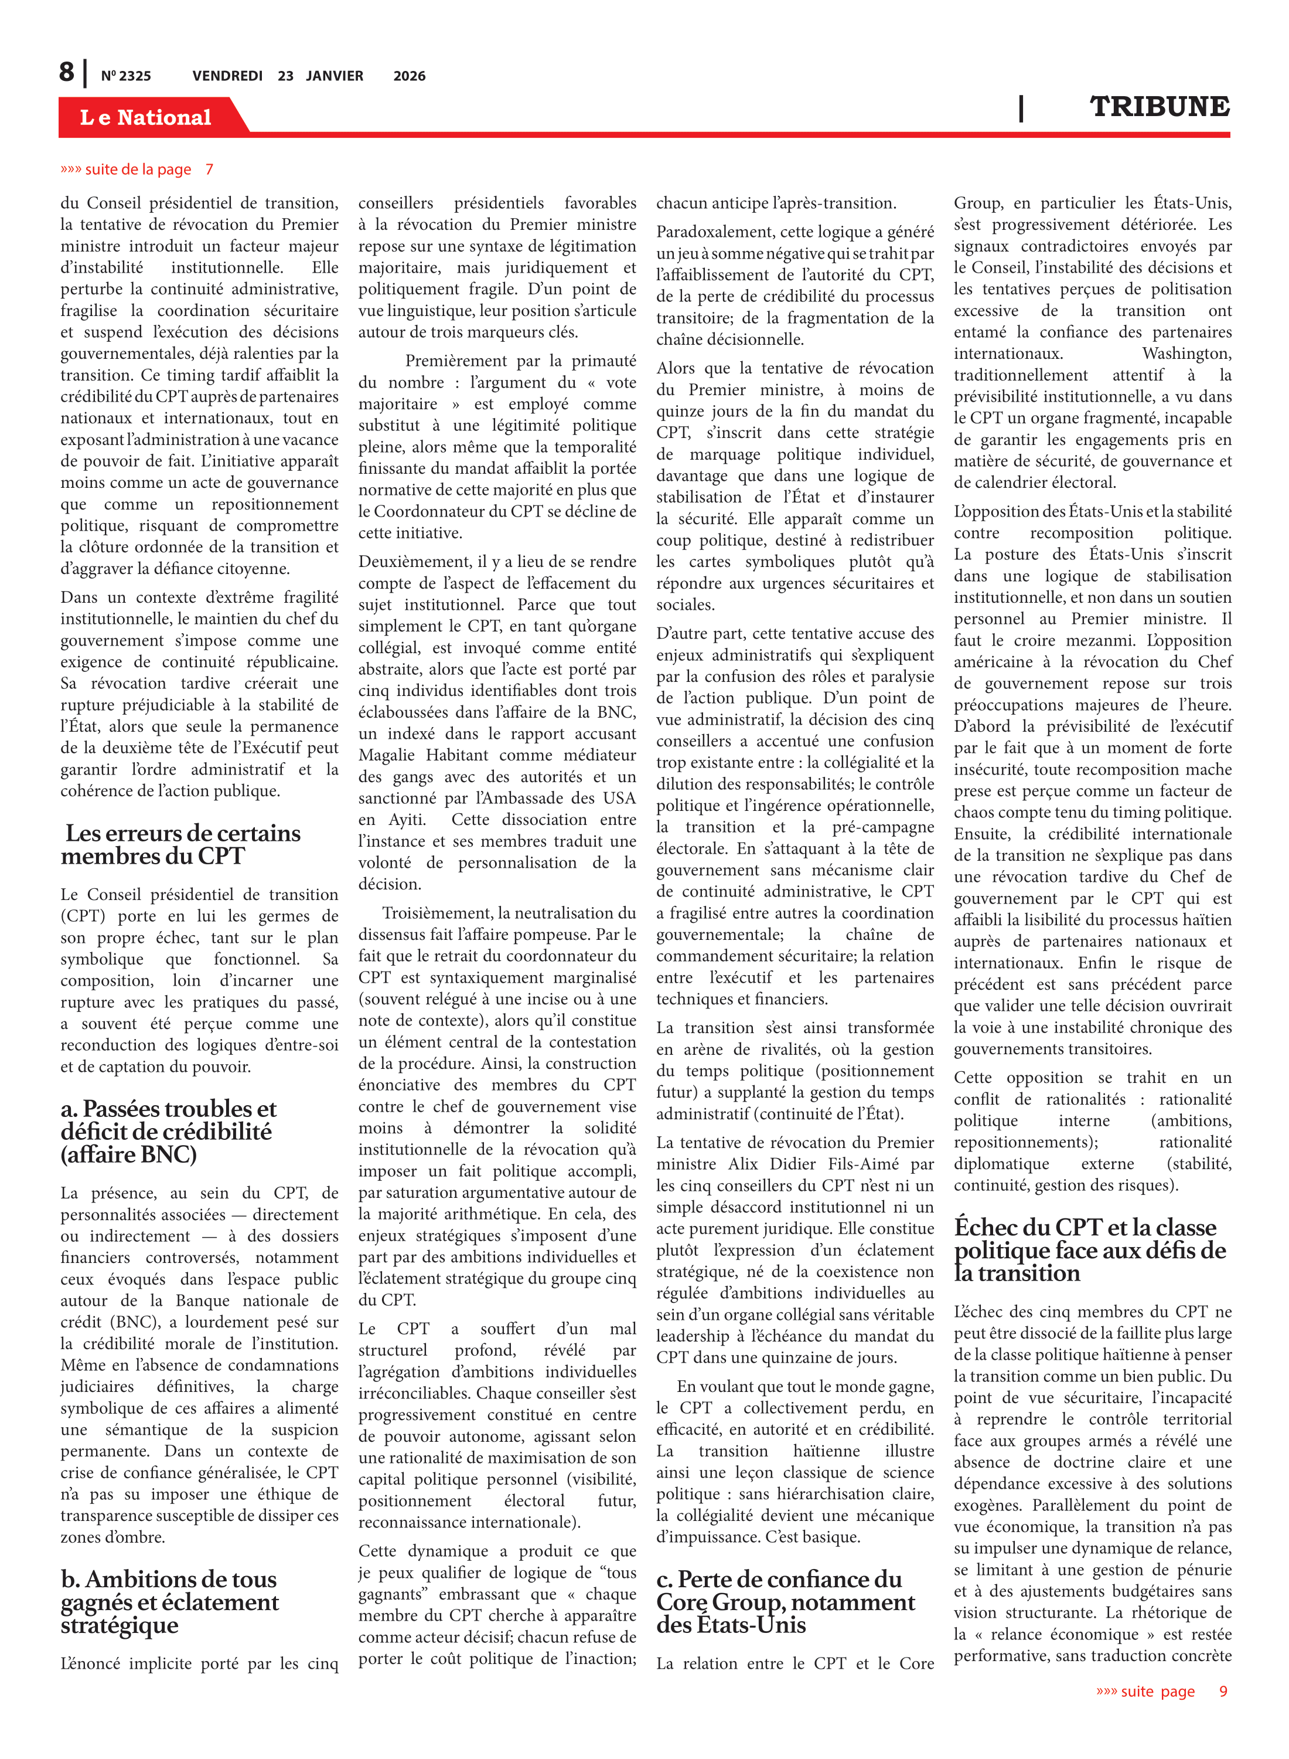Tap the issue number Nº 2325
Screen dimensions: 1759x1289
point(125,76)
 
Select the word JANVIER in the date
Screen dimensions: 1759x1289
point(334,76)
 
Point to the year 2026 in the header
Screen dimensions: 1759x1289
point(409,76)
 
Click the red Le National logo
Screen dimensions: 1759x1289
point(146,117)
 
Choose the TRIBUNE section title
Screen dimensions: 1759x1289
point(1159,106)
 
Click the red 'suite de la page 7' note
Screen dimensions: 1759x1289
point(137,169)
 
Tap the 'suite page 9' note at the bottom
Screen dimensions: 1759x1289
point(1161,1691)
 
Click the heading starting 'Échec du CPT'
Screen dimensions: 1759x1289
point(1089,1250)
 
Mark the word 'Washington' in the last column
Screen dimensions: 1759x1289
point(1186,354)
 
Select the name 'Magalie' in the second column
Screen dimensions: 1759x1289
point(388,755)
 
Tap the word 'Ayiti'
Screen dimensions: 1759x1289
point(407,820)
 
